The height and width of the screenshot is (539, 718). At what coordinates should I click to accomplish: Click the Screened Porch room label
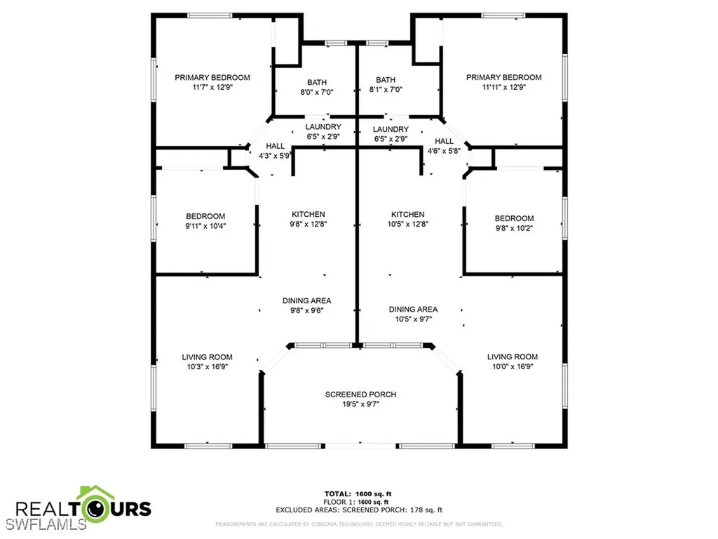tap(360, 394)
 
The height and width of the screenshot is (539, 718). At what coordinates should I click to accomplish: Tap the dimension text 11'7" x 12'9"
tap(212, 88)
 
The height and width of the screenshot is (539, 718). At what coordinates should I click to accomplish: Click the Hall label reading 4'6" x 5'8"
tap(444, 149)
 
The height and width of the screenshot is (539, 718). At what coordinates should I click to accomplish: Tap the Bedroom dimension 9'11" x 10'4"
tap(205, 226)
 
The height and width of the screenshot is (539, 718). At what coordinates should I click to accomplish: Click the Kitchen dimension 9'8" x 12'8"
tap(309, 225)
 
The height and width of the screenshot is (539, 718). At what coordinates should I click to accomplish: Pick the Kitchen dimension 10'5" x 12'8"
tap(407, 225)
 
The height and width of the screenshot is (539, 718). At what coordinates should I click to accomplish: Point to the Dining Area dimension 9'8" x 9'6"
tap(307, 310)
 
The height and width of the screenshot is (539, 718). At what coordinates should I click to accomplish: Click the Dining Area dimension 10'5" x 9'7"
tap(413, 319)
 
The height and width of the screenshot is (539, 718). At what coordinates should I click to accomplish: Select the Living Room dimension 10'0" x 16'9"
tap(512, 366)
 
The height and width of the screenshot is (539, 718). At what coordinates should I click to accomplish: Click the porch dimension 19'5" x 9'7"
tap(360, 404)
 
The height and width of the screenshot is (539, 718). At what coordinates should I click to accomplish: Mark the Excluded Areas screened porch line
tap(359, 510)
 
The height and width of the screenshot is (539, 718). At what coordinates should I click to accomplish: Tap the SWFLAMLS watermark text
tap(43, 524)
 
